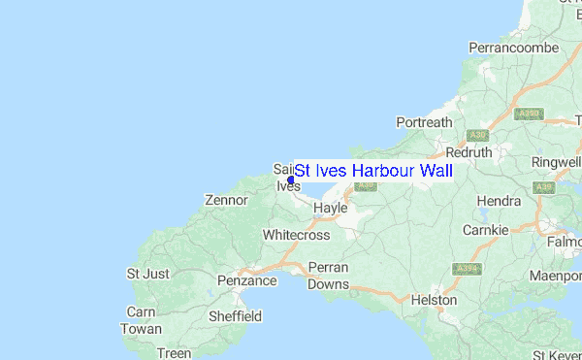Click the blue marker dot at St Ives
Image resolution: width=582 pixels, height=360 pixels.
point(291,180)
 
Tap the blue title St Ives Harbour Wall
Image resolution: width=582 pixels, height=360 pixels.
point(373,171)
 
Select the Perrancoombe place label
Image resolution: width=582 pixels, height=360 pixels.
point(514,47)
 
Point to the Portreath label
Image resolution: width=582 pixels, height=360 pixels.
point(425,122)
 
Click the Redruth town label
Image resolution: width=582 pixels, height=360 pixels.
point(469,153)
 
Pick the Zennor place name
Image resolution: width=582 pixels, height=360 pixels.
point(227,201)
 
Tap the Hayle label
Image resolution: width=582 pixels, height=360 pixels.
point(331,209)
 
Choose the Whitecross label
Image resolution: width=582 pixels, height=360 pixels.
point(296,236)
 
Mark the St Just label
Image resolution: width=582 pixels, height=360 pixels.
point(148,274)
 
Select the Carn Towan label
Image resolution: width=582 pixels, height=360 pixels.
point(142,321)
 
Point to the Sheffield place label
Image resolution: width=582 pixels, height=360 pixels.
point(236,316)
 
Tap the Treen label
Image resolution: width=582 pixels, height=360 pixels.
point(175,353)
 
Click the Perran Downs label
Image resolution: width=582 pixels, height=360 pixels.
point(328,276)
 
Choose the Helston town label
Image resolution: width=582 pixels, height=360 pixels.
point(434,301)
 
